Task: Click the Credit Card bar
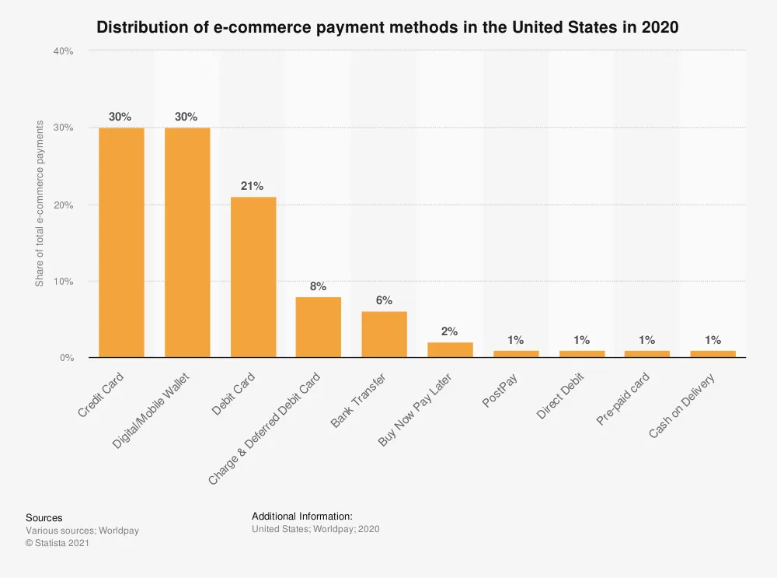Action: pyautogui.click(x=120, y=242)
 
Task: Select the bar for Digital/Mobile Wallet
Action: pyautogui.click(x=186, y=242)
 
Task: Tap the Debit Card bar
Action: pyautogui.click(x=253, y=277)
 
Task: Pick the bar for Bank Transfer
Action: pyautogui.click(x=384, y=335)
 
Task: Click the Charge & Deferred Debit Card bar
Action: pyautogui.click(x=318, y=327)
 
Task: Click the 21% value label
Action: pyautogui.click(x=253, y=186)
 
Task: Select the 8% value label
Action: pyautogui.click(x=318, y=286)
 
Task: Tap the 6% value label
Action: pyautogui.click(x=384, y=301)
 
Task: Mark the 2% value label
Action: pyautogui.click(x=450, y=331)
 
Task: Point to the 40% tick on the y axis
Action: pyautogui.click(x=63, y=51)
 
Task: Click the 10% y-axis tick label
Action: pyautogui.click(x=63, y=282)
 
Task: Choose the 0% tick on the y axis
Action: pyautogui.click(x=65, y=358)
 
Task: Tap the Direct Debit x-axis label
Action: pyautogui.click(x=560, y=397)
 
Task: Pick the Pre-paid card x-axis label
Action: pyautogui.click(x=623, y=399)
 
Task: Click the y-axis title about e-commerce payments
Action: pyautogui.click(x=40, y=204)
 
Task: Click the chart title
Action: pyautogui.click(x=388, y=27)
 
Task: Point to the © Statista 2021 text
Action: pyautogui.click(x=57, y=543)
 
